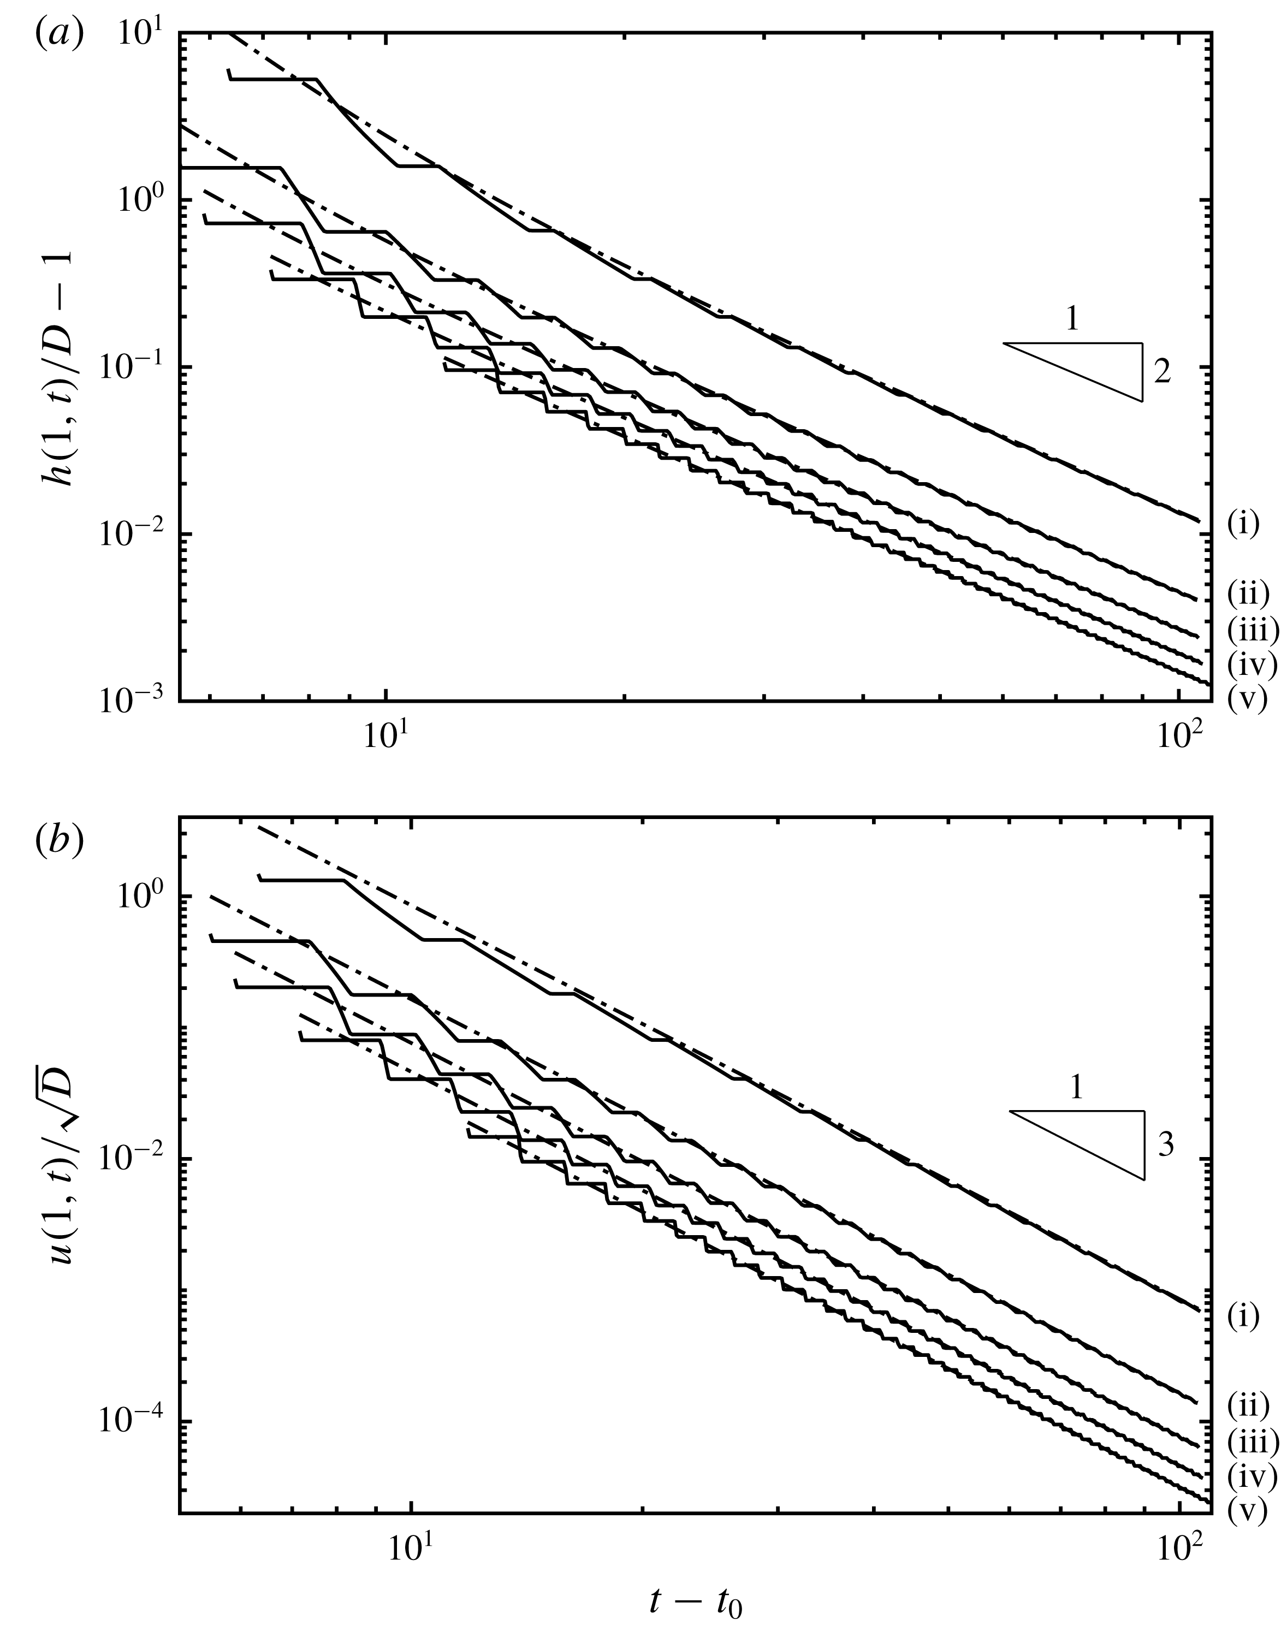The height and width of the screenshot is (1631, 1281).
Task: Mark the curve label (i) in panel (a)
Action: [1243, 523]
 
